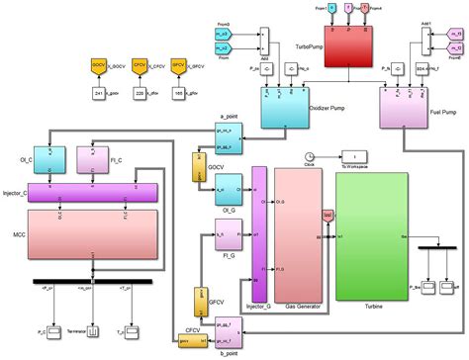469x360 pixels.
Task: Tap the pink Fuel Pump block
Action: [407, 107]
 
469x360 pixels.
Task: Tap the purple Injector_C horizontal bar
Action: [93, 191]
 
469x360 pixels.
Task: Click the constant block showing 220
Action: [140, 92]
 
